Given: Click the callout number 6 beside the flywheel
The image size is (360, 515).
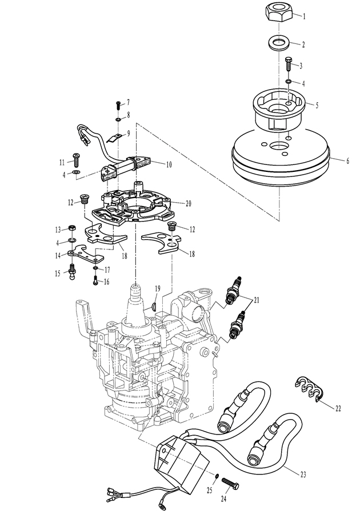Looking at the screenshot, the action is tap(347, 161).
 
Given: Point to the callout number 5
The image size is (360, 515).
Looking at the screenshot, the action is tap(317, 106).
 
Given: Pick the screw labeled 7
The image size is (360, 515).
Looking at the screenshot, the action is tap(118, 105).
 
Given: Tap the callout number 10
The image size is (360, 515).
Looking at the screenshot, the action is tap(169, 164).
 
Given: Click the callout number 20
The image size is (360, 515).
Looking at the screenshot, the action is tap(188, 204).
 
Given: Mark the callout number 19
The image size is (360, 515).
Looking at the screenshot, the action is tap(158, 288).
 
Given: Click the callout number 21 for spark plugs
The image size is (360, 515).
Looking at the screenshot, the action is tap(256, 300).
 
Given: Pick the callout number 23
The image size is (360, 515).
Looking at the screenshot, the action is tap(303, 474).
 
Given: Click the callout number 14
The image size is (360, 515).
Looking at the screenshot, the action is tap(58, 255).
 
